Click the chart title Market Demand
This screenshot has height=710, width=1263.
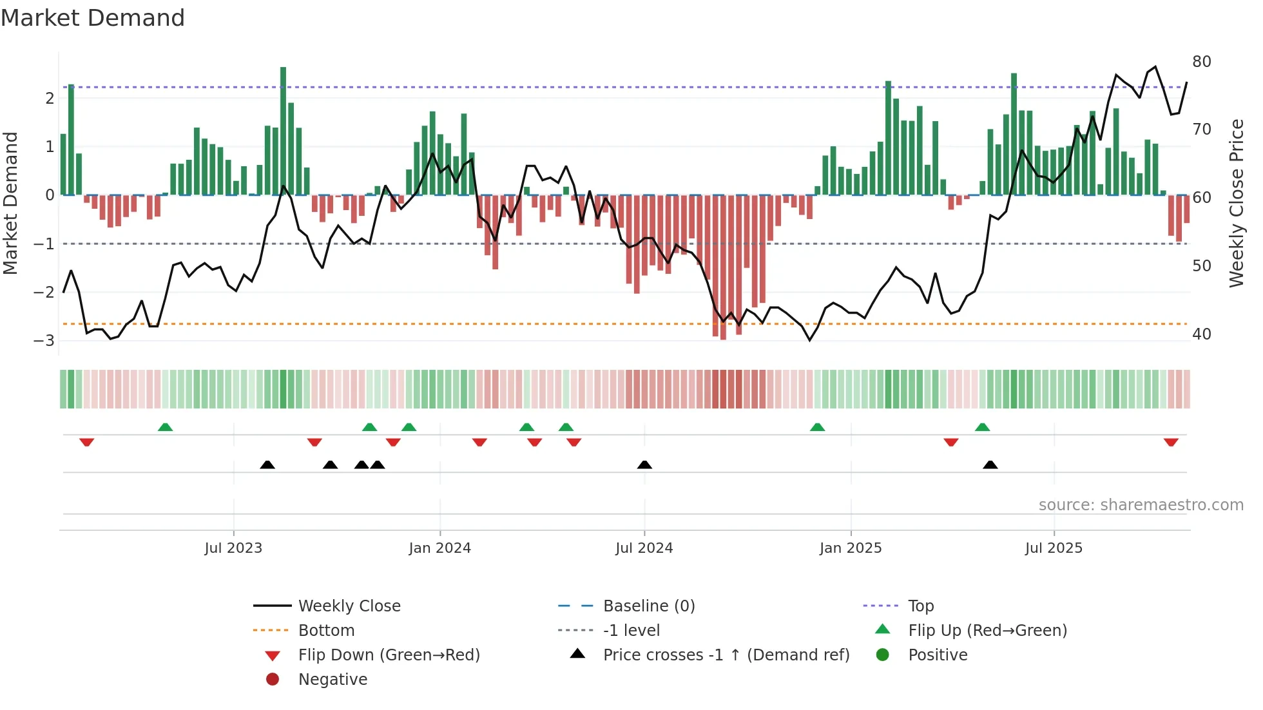[93, 18]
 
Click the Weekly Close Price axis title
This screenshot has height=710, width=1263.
[1236, 203]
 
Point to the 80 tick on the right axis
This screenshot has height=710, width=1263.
[1201, 62]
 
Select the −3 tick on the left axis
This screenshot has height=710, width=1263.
[44, 340]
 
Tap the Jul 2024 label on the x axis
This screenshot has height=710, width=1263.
[644, 548]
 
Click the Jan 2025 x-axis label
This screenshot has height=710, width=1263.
[850, 548]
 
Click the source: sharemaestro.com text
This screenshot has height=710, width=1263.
[1141, 505]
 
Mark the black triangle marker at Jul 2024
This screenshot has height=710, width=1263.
[644, 465]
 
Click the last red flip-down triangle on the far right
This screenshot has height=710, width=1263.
[1171, 442]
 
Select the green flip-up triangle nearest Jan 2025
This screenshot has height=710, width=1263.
[817, 427]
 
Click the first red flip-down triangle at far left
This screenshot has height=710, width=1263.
[87, 442]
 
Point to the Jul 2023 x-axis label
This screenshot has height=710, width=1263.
[233, 548]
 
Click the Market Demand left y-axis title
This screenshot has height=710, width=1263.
[11, 203]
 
